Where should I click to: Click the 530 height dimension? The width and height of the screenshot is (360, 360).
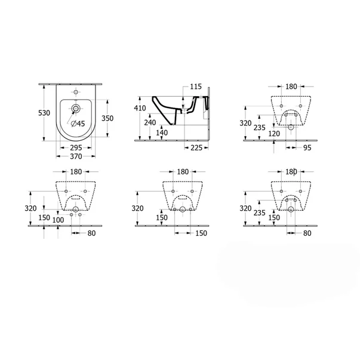[44, 113]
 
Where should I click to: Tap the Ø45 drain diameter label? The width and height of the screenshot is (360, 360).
[78, 124]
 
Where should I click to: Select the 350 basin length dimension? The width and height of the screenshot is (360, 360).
[107, 118]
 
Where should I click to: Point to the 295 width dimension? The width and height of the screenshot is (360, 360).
[76, 147]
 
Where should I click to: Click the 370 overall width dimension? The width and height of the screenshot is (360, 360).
[76, 156]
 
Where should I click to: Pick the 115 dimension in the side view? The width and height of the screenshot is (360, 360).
[196, 87]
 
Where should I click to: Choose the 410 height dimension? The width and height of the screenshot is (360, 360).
[140, 108]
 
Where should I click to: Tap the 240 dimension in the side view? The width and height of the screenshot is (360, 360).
[150, 122]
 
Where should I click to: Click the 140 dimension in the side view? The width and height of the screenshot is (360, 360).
[162, 133]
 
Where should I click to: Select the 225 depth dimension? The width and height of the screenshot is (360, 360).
[196, 148]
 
